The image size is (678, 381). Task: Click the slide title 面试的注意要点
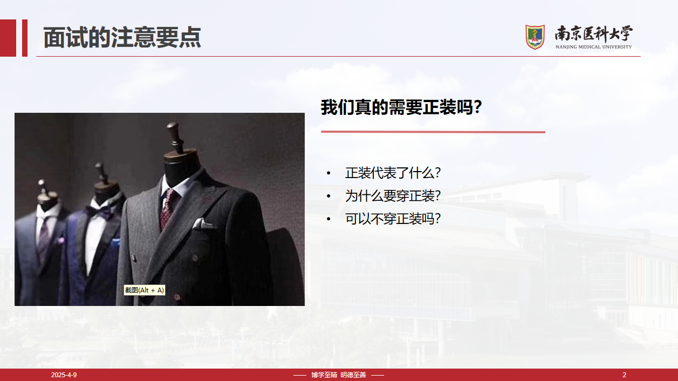coord(122,38)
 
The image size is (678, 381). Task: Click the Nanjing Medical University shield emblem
coord(535,37)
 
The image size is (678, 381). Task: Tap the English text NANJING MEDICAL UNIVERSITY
coord(593,47)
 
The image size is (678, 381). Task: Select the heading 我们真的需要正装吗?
coord(401,107)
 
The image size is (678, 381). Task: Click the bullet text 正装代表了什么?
coord(393,173)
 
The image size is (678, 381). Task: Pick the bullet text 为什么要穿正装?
coord(393,196)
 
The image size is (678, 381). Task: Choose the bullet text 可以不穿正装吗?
coord(393,219)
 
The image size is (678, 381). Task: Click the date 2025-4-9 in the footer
coord(64,375)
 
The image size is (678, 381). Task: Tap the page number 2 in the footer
coord(624,375)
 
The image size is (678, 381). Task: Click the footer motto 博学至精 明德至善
coord(339,375)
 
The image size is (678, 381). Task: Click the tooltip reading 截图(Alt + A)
coord(145,290)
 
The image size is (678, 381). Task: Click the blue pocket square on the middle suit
coord(115,242)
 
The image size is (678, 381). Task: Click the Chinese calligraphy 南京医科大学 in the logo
coord(593,34)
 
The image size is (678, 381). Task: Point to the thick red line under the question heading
coord(433,132)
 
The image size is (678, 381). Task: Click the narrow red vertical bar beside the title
coord(25,38)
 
